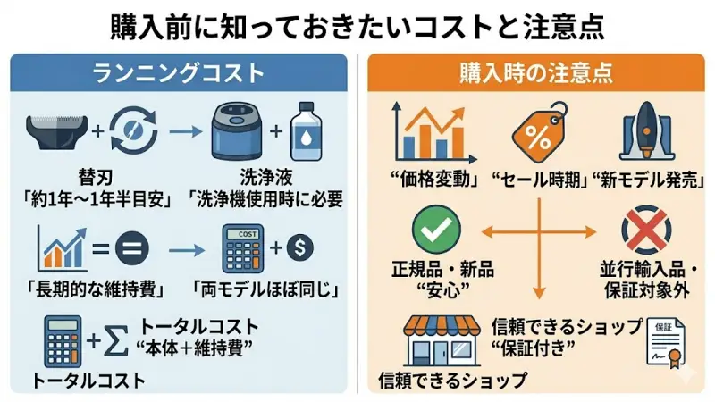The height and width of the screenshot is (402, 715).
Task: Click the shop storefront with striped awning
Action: (x=437, y=340)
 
